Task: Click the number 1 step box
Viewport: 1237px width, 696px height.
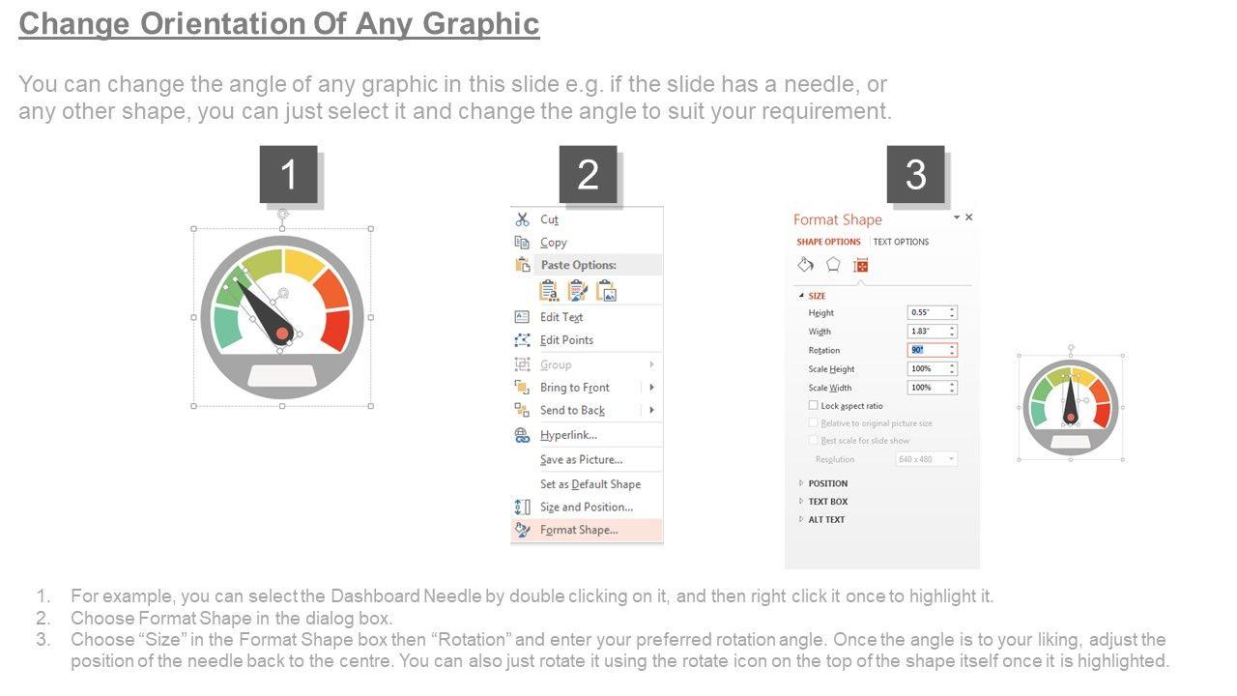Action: coord(288,175)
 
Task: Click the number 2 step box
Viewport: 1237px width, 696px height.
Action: coord(588,175)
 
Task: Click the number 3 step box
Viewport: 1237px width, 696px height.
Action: coord(915,175)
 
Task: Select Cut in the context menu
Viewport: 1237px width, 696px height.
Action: coord(549,219)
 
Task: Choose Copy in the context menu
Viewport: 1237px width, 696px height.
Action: coord(554,243)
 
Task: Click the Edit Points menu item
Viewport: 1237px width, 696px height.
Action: coord(566,340)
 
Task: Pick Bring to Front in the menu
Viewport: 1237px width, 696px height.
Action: coord(574,388)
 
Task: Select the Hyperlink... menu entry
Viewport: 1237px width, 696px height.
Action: coord(568,435)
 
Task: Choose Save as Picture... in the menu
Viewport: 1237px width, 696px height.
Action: coord(581,459)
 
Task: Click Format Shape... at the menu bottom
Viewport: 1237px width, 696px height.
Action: coord(579,530)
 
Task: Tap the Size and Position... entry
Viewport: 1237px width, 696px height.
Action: coord(586,507)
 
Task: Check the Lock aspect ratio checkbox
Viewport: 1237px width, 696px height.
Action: coord(813,405)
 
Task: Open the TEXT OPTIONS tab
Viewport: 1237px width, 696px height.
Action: coord(901,242)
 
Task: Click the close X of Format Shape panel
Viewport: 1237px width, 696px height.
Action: coord(968,217)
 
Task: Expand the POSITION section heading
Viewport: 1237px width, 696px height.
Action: coord(827,483)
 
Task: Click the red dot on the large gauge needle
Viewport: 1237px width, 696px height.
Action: coord(282,333)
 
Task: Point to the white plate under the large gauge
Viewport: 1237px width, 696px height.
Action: coord(282,376)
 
